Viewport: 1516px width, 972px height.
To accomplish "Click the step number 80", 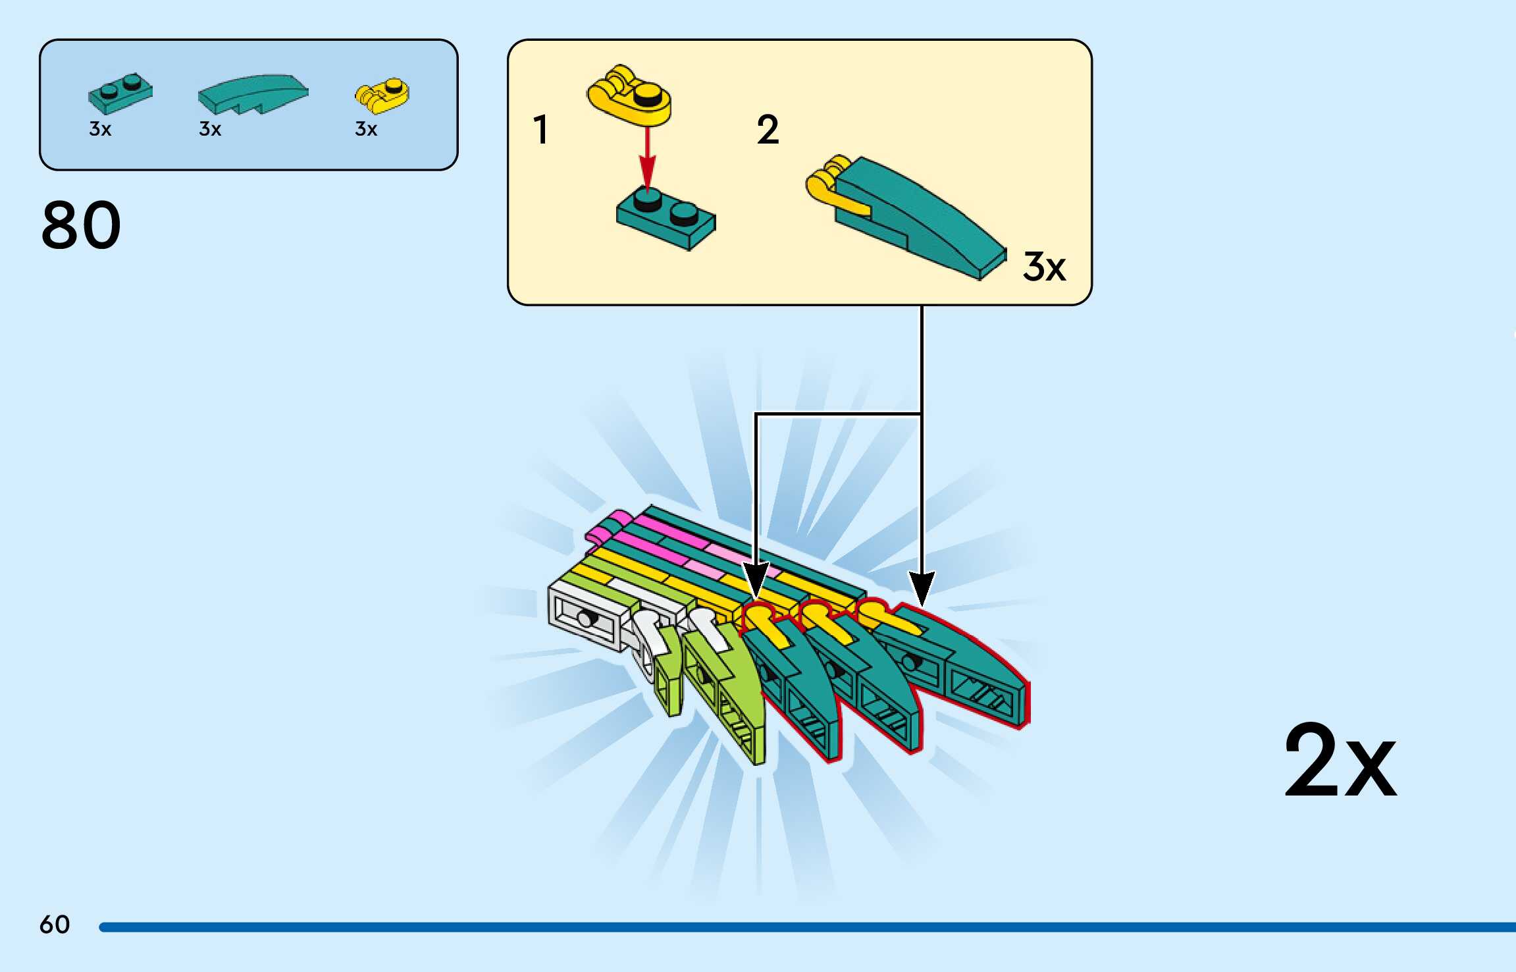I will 81,225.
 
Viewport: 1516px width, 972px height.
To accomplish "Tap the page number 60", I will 55,925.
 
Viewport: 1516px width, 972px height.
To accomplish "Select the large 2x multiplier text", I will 1340,761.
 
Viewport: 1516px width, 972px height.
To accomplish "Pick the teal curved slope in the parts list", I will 253,94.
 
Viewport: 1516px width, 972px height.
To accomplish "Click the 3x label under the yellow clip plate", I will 366,129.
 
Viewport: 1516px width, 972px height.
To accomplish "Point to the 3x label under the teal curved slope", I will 210,129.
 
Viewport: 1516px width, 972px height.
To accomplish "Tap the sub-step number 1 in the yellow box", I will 540,129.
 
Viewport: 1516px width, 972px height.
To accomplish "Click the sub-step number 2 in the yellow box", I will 768,129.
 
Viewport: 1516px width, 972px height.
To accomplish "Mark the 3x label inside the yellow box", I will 1044,267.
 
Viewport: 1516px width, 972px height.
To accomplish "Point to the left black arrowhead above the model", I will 755,578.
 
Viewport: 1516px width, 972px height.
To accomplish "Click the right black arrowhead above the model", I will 922,586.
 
